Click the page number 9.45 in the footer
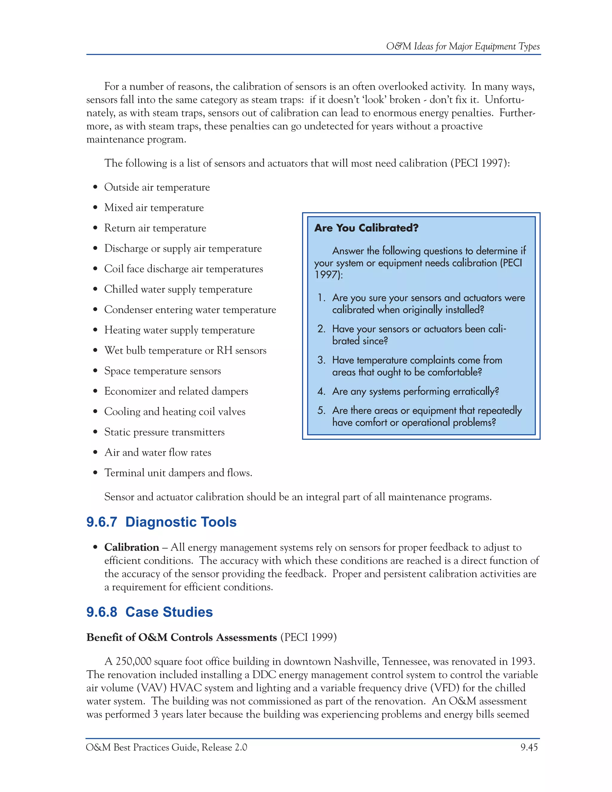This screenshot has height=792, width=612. point(529,747)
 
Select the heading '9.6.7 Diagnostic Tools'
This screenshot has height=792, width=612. point(161,522)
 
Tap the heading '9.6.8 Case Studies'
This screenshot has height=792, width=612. point(149,612)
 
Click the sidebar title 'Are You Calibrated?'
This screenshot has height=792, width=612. point(366,228)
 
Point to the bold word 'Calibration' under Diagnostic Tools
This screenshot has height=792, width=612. point(131,547)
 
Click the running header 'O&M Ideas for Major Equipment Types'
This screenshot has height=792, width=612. point(463,46)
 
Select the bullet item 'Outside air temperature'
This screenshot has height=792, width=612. point(157,187)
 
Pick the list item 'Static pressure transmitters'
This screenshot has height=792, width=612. point(164,432)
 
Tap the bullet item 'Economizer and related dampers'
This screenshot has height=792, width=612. point(176,391)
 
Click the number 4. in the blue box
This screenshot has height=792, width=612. point(321,391)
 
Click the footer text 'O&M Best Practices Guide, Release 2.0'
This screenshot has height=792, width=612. point(166,747)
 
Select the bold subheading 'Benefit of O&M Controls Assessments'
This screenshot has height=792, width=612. point(182,637)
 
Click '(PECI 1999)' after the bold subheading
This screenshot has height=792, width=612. point(308,637)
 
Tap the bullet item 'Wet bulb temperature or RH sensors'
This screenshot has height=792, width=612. point(185,350)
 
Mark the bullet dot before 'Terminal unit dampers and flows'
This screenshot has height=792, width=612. point(95,473)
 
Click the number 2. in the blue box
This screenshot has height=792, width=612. point(321,329)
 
